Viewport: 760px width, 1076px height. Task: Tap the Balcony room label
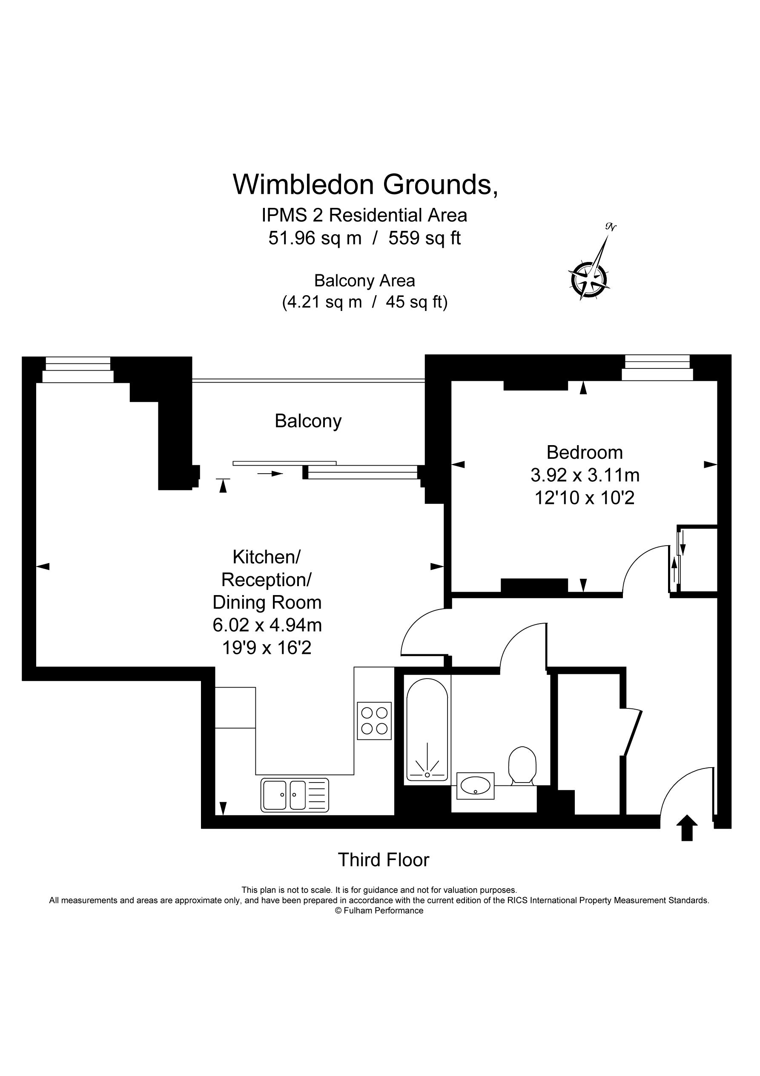[x=308, y=421]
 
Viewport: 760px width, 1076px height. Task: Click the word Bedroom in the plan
[x=584, y=452]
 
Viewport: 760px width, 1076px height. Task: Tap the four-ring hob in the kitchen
[x=374, y=721]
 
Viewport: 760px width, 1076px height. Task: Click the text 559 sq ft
[x=424, y=238]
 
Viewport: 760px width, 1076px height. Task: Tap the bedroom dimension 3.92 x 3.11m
[x=585, y=475]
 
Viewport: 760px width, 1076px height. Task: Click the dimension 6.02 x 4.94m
[x=267, y=625]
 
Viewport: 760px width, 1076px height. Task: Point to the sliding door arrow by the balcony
[x=270, y=473]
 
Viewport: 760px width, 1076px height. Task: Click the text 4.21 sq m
[x=322, y=302]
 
